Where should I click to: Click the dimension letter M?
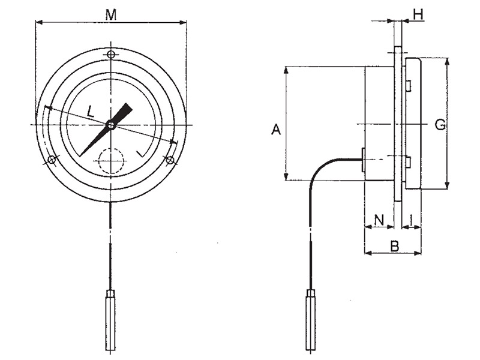pos(111,14)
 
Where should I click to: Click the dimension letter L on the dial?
pos(91,110)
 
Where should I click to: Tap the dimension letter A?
pos(276,129)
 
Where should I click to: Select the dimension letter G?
pos(440,125)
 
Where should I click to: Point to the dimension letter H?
pos(418,12)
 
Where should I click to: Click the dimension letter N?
pos(379,220)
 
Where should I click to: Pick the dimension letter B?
pos(394,245)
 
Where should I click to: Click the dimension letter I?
pos(412,220)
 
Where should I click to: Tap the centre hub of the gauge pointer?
pos(111,125)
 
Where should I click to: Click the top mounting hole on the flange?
pos(111,55)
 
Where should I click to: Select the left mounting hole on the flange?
pos(52,160)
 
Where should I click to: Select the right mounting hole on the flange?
pos(170,160)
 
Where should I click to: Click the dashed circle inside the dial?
pos(111,161)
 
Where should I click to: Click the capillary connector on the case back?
pos(363,160)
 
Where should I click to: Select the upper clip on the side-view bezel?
pos(408,86)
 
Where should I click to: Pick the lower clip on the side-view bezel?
pos(408,161)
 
